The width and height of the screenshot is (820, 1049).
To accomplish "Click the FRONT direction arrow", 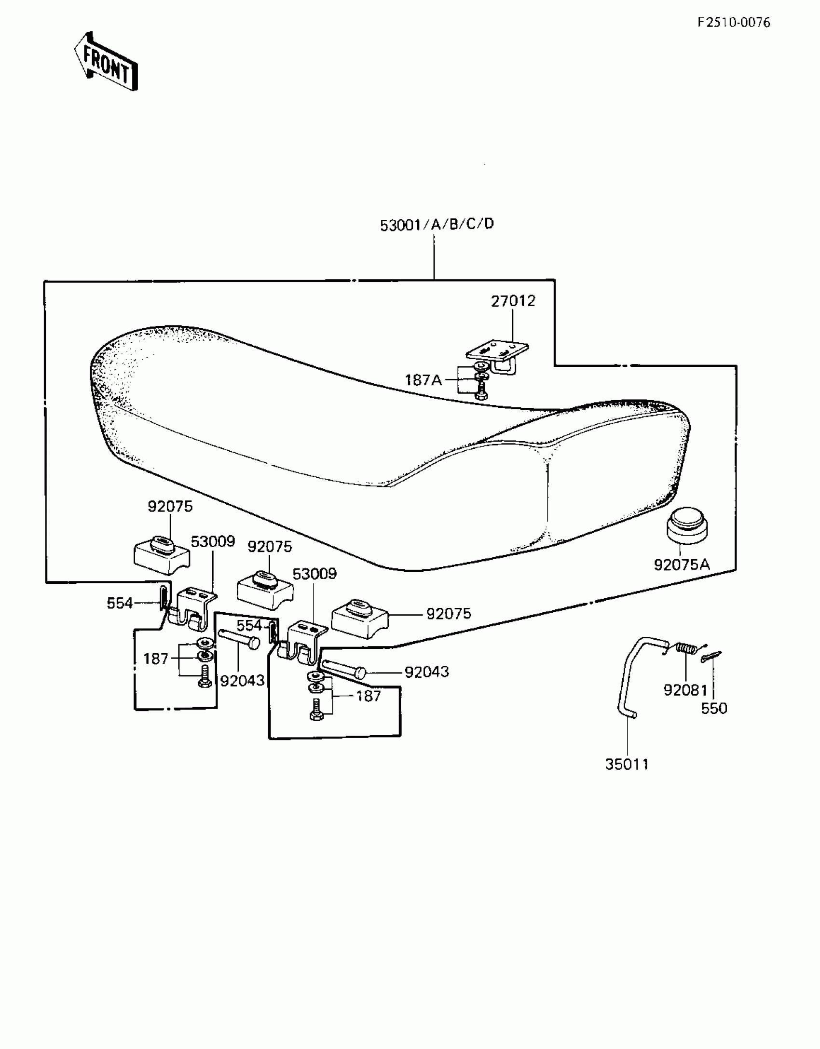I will point(106,61).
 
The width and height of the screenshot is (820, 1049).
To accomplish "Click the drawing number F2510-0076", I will point(734,23).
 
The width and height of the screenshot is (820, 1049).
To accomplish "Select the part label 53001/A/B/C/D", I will point(437,225).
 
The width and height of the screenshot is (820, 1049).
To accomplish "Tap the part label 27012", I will point(513,301).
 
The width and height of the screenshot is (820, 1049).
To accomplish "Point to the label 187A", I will point(423,380).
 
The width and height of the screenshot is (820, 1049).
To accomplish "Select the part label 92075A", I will point(682,565).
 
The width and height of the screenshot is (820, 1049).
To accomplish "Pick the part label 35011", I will point(627,764).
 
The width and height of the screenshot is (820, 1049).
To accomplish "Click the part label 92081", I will point(685,690).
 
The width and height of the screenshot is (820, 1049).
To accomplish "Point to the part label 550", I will point(714,708).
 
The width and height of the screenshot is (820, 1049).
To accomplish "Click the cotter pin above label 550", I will point(711,656).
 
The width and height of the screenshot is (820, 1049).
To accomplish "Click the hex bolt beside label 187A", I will point(480,390).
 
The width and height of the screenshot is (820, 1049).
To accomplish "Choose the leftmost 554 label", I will point(120,603).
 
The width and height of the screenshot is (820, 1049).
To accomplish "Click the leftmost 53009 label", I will point(213,542).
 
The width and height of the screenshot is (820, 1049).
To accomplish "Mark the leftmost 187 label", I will point(156,659).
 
